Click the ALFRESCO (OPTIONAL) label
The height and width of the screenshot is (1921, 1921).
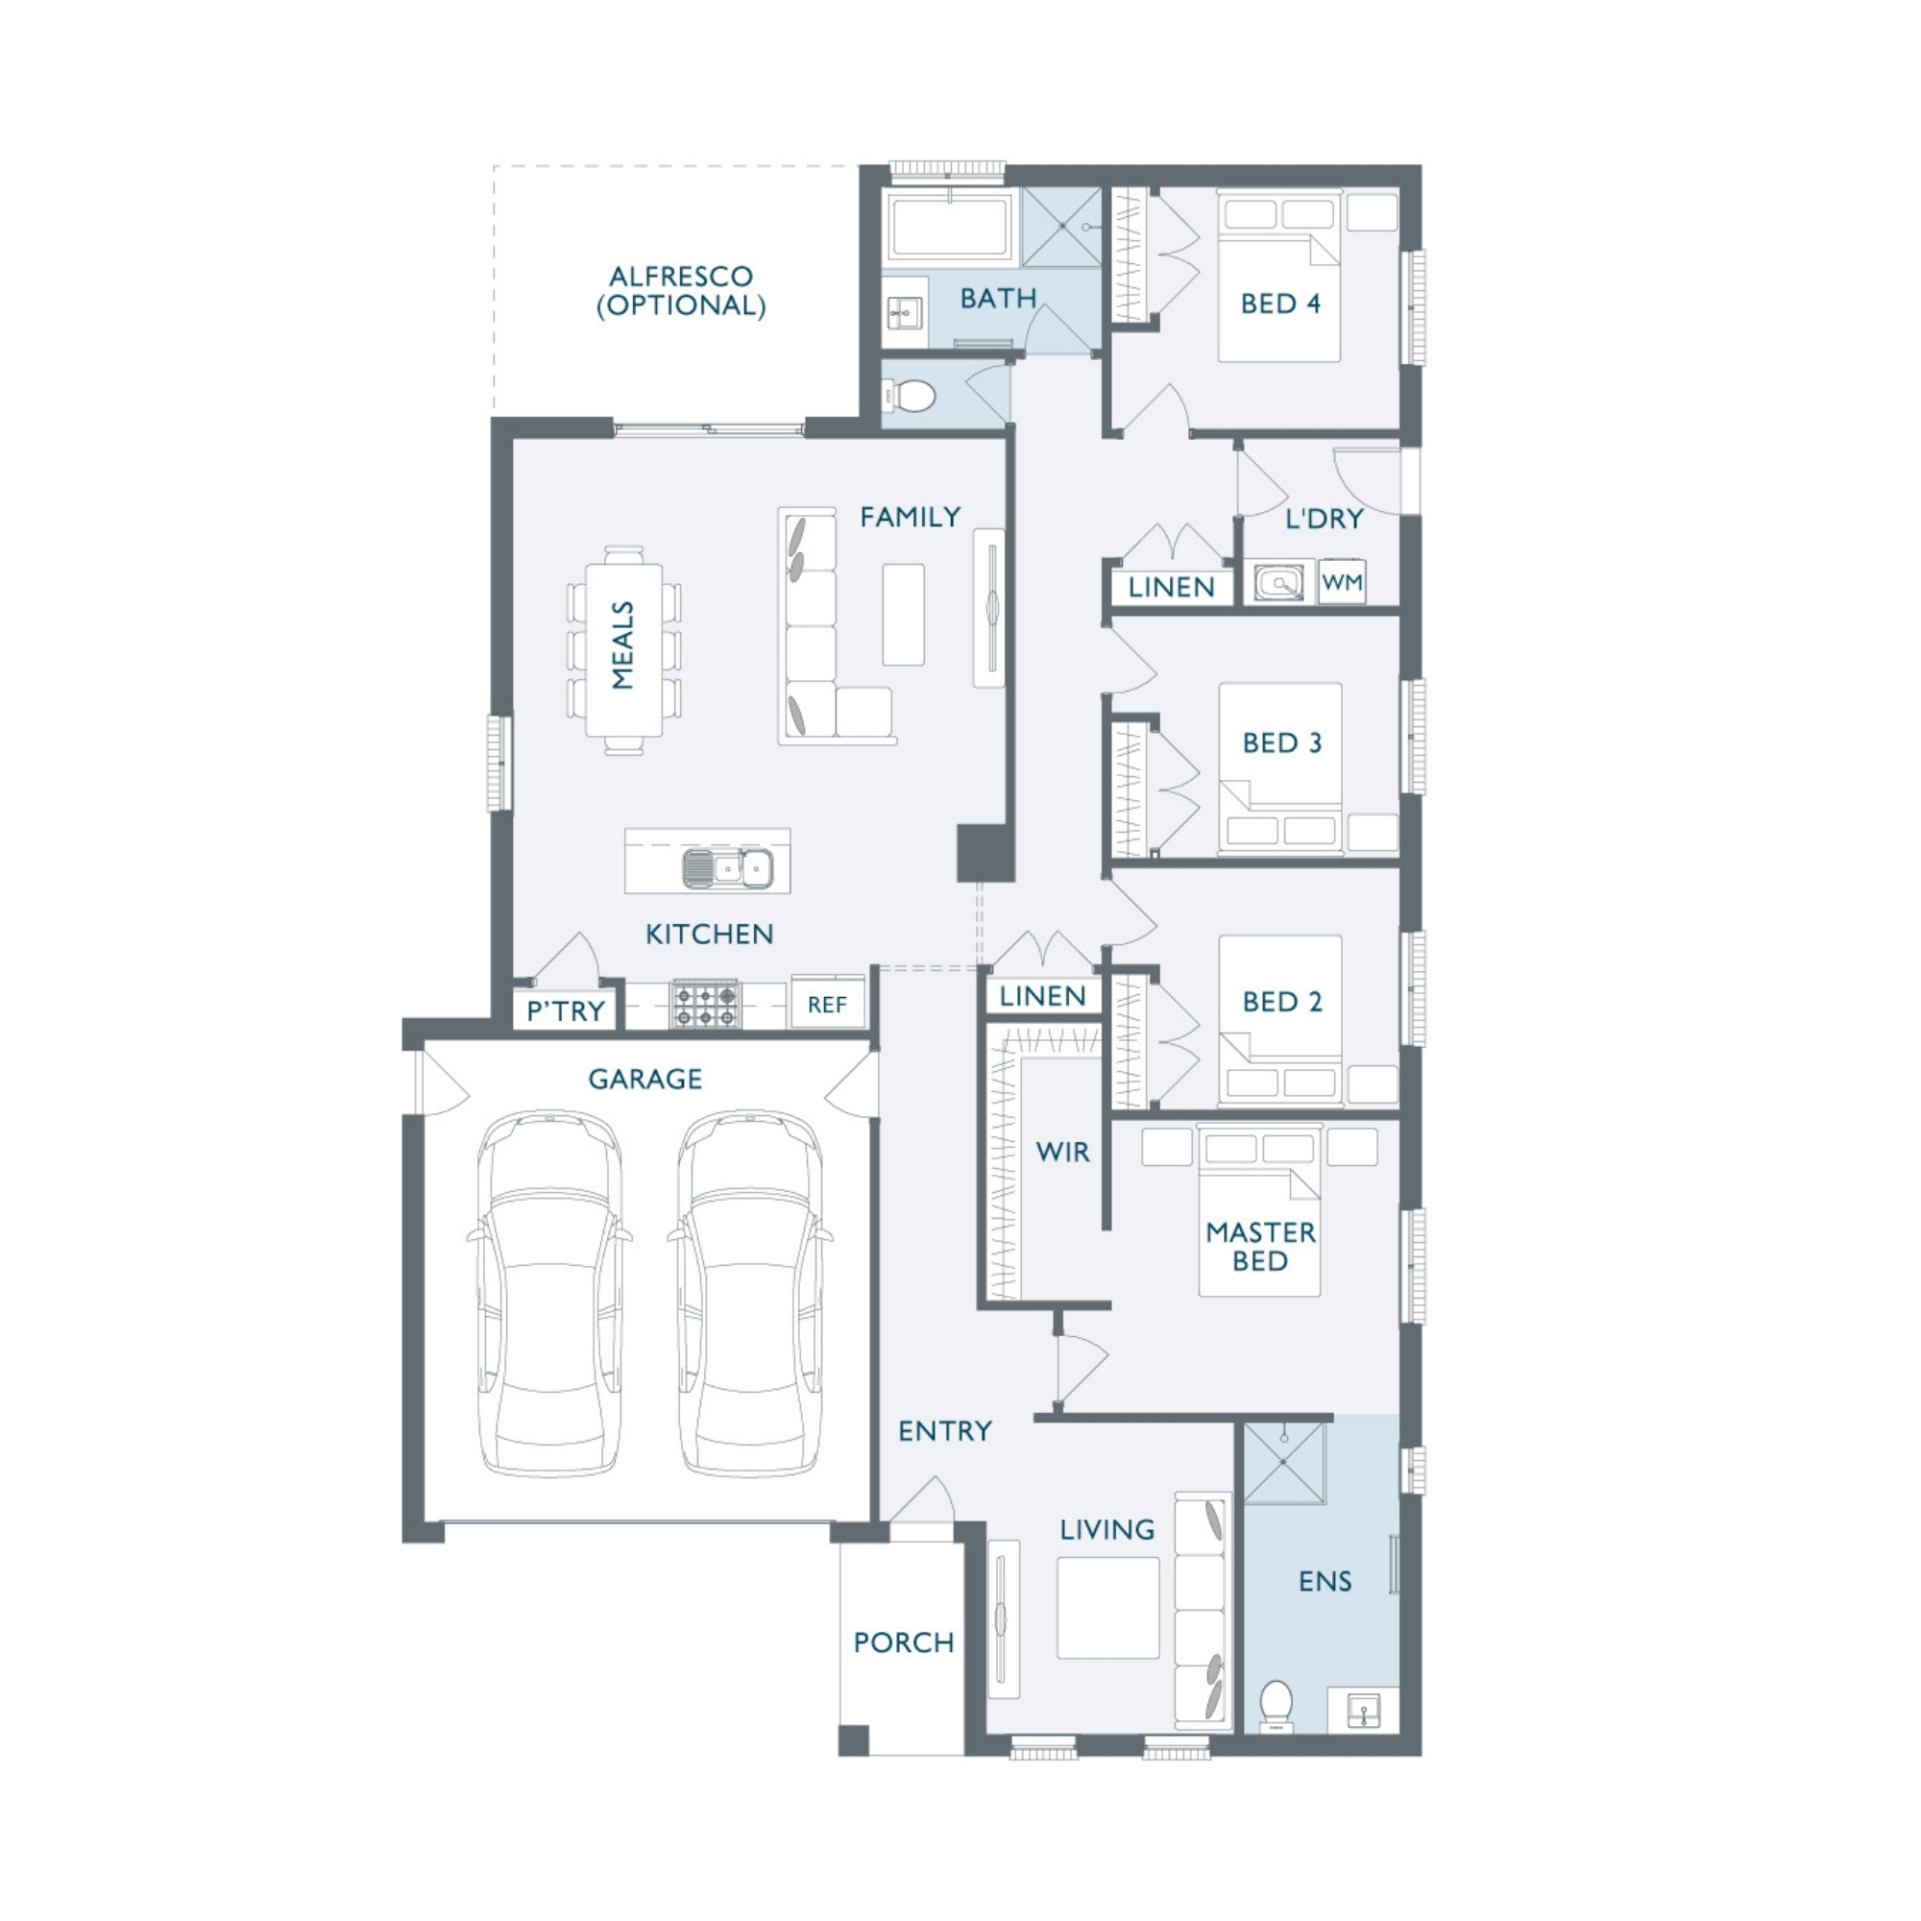[x=681, y=290]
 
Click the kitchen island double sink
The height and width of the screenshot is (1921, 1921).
[x=728, y=868]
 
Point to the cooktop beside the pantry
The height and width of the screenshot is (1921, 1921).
[x=706, y=1005]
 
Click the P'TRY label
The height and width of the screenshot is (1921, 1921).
[x=566, y=1011]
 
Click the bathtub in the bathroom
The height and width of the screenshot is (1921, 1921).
[x=951, y=229]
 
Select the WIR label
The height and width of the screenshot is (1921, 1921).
[x=1063, y=1153]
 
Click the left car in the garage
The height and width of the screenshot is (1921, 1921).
[x=549, y=1293]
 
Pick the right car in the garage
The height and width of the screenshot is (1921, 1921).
[x=751, y=1293]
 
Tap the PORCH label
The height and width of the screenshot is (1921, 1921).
[x=904, y=1642]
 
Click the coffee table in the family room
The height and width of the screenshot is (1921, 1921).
[x=903, y=615]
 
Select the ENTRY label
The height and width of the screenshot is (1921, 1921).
[x=944, y=1431]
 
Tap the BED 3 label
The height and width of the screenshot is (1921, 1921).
[x=1281, y=742]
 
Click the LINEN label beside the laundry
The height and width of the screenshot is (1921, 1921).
[x=1171, y=588]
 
